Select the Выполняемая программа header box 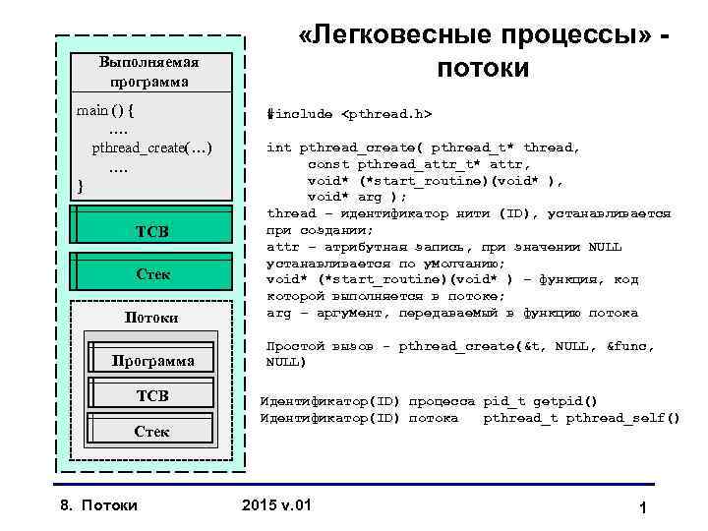(149, 71)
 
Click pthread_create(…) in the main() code (152, 147)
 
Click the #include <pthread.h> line (349, 113)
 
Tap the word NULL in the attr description (602, 246)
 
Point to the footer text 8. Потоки (94, 505)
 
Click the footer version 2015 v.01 (276, 505)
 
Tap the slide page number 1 (640, 508)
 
